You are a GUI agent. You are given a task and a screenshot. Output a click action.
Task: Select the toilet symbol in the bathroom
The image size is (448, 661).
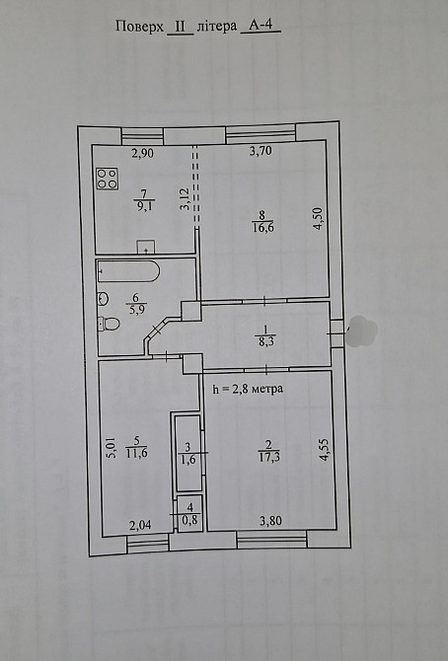coord(111,323)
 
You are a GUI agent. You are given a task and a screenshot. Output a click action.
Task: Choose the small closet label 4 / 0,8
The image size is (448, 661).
coord(187,514)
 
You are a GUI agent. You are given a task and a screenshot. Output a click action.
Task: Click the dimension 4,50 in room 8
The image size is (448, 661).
coord(318,217)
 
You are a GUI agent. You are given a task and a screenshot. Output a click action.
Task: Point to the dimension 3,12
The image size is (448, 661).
coord(185,201)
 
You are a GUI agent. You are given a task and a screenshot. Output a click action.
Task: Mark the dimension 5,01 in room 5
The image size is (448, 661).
coord(110,449)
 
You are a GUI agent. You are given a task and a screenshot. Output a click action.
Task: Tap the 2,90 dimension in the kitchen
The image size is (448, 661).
coord(144,152)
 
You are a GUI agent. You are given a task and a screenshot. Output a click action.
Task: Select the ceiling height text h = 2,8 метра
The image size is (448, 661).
coord(248,389)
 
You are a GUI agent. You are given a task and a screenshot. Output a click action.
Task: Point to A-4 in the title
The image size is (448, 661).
coord(260,29)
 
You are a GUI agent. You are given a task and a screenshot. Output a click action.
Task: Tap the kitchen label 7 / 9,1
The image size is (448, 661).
coord(143,200)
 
